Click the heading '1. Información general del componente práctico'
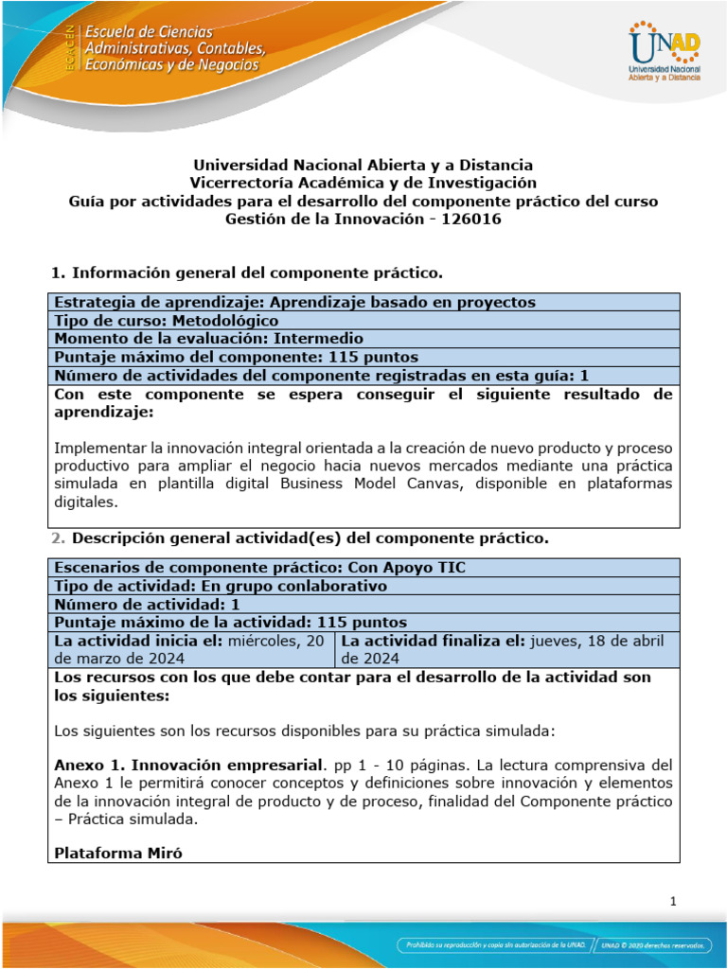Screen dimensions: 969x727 click(246, 273)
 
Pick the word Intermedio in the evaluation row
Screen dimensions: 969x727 click(318, 338)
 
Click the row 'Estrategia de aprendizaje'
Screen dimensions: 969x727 click(294, 302)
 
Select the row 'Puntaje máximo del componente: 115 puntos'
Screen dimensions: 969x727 click(237, 357)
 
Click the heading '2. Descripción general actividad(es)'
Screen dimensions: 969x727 click(298, 538)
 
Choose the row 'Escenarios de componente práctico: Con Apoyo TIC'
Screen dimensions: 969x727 click(260, 567)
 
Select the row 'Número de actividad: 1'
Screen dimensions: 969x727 click(148, 604)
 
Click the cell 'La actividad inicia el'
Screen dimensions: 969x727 click(193, 649)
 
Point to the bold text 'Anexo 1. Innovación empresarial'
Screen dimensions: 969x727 click(189, 764)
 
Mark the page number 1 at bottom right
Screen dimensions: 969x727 click(672, 902)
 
